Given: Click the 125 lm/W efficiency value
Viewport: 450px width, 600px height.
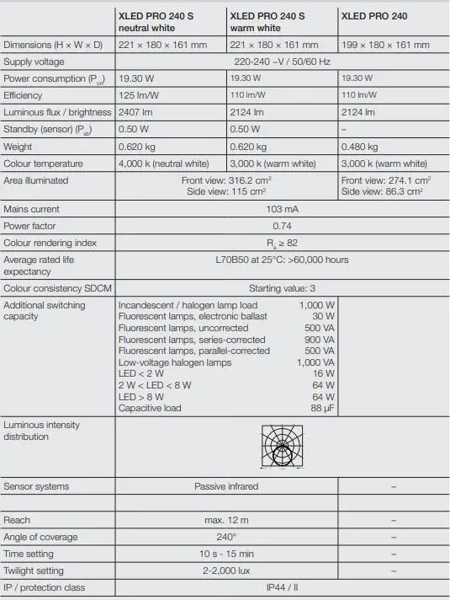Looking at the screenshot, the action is coord(138,95).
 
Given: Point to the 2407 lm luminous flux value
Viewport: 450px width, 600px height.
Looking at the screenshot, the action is coord(136,112).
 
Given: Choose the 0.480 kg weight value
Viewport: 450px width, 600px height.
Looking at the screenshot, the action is coord(360,147).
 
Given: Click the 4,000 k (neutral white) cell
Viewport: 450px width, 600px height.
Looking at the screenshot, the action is coord(165,163).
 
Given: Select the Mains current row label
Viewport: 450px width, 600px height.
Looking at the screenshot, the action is coord(33,209).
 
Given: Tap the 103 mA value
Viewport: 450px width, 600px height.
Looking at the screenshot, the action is coord(283,209).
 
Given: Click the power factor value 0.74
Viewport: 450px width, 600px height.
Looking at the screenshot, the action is coord(283,226).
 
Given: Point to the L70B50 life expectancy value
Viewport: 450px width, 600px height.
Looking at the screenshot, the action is coord(282,260).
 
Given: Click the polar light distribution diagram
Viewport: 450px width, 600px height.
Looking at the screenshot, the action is coord(283,446).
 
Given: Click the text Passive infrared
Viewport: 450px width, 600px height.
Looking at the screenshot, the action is coord(226,486).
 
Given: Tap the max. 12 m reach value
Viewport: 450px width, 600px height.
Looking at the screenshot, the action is coord(226,520).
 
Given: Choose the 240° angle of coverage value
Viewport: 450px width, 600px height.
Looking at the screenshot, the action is coord(226,537).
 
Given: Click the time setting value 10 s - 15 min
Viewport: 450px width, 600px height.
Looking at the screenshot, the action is coord(226,554).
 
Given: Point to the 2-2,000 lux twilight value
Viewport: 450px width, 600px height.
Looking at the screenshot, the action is coord(226,571).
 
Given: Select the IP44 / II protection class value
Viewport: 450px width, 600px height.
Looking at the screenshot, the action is coord(282,587).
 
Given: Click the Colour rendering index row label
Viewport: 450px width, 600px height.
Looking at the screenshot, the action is coord(50,243).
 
